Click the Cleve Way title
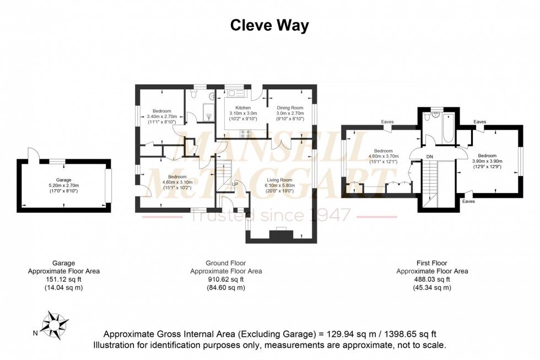[269, 25]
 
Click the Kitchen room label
[243, 108]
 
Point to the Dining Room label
[290, 108]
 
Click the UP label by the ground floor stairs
[235, 184]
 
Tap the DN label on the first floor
[430, 157]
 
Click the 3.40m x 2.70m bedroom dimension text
[162, 117]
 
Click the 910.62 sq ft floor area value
[226, 279]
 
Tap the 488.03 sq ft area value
[432, 279]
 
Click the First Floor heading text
[432, 263]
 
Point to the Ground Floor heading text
[226, 263]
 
